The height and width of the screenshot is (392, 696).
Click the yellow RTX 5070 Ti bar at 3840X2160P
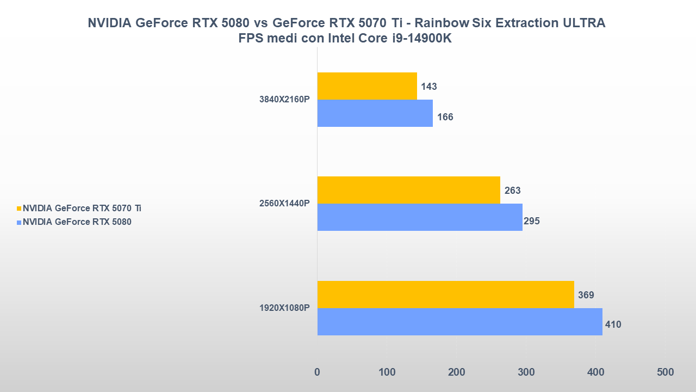click(367, 86)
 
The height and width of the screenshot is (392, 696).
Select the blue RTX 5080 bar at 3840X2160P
click(375, 113)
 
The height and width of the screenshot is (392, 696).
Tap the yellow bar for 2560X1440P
click(408, 190)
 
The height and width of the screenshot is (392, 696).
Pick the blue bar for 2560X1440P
click(420, 217)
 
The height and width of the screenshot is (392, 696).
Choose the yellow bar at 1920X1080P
click(445, 295)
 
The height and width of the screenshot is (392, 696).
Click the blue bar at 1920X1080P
click(459, 322)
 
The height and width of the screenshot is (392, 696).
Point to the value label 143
click(429, 87)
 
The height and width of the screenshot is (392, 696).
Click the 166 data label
click(445, 117)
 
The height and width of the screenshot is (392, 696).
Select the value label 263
click(512, 191)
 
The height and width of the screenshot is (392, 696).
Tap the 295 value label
click(531, 221)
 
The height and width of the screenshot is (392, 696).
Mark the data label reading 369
click(586, 295)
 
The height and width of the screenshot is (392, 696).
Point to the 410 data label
click(613, 324)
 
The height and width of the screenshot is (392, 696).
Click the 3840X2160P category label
click(284, 100)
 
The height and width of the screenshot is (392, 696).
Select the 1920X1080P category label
click(284, 308)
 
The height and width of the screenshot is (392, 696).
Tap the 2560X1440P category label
click(284, 204)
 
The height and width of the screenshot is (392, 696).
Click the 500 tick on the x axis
click(664, 372)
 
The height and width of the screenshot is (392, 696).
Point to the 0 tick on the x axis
click(318, 372)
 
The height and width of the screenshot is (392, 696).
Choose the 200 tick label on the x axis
click(456, 372)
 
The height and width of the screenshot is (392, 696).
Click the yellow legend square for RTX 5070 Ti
click(19, 209)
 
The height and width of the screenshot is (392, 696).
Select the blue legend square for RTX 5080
click(19, 222)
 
